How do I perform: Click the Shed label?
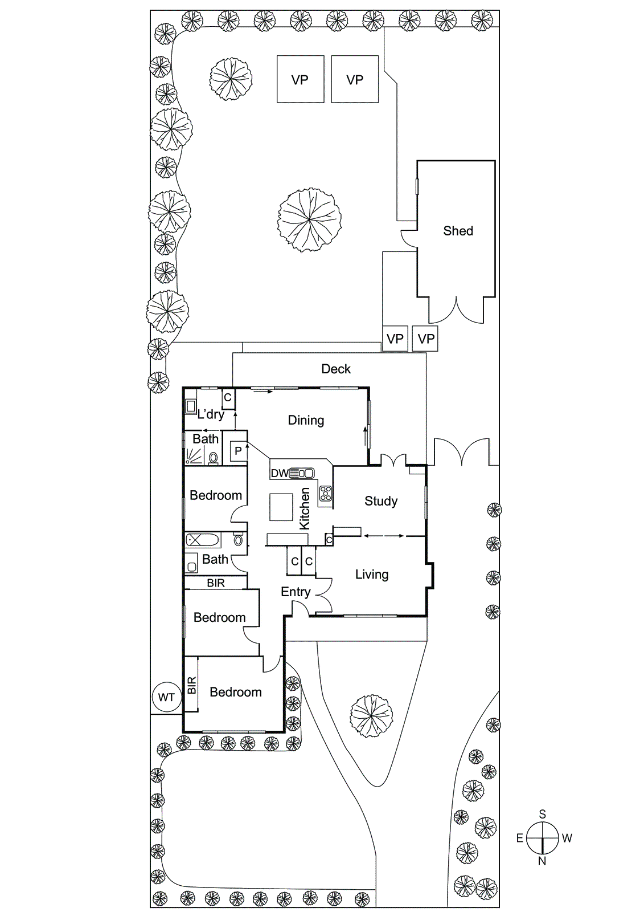(x=458, y=231)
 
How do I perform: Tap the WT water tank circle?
(x=166, y=697)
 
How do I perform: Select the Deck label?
(x=336, y=369)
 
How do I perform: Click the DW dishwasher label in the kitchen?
(x=279, y=473)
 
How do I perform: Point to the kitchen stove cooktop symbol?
(x=326, y=493)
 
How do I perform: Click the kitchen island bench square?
(x=281, y=507)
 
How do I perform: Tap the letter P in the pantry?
(x=238, y=451)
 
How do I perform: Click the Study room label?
(x=381, y=501)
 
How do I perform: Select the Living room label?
(x=372, y=574)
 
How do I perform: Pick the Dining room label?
(x=306, y=420)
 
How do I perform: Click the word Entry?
(x=296, y=592)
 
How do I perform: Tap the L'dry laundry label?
(x=210, y=414)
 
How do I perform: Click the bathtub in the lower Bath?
(x=203, y=539)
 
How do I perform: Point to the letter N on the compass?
(x=542, y=861)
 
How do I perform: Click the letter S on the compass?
(x=542, y=815)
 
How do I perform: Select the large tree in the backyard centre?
(x=310, y=219)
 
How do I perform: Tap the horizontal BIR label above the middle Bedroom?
(x=216, y=583)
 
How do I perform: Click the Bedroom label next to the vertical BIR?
(x=236, y=692)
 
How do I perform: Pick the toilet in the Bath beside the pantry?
(x=214, y=457)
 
